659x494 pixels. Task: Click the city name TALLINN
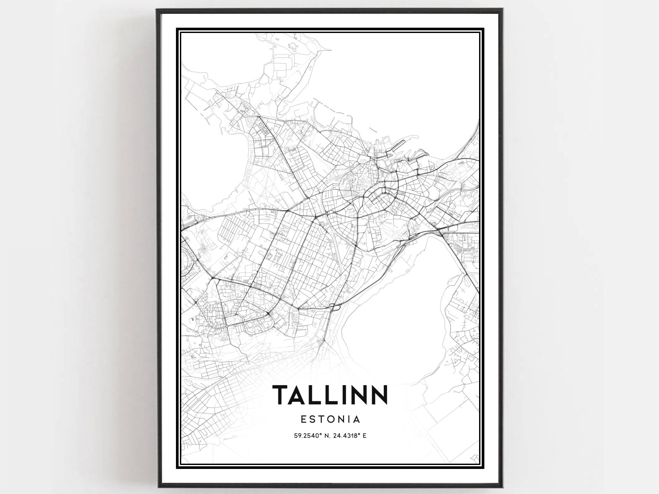(x=330, y=395)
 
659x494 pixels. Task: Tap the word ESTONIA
(x=330, y=419)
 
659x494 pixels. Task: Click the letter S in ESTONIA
(x=311, y=419)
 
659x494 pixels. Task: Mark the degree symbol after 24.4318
(x=359, y=434)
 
